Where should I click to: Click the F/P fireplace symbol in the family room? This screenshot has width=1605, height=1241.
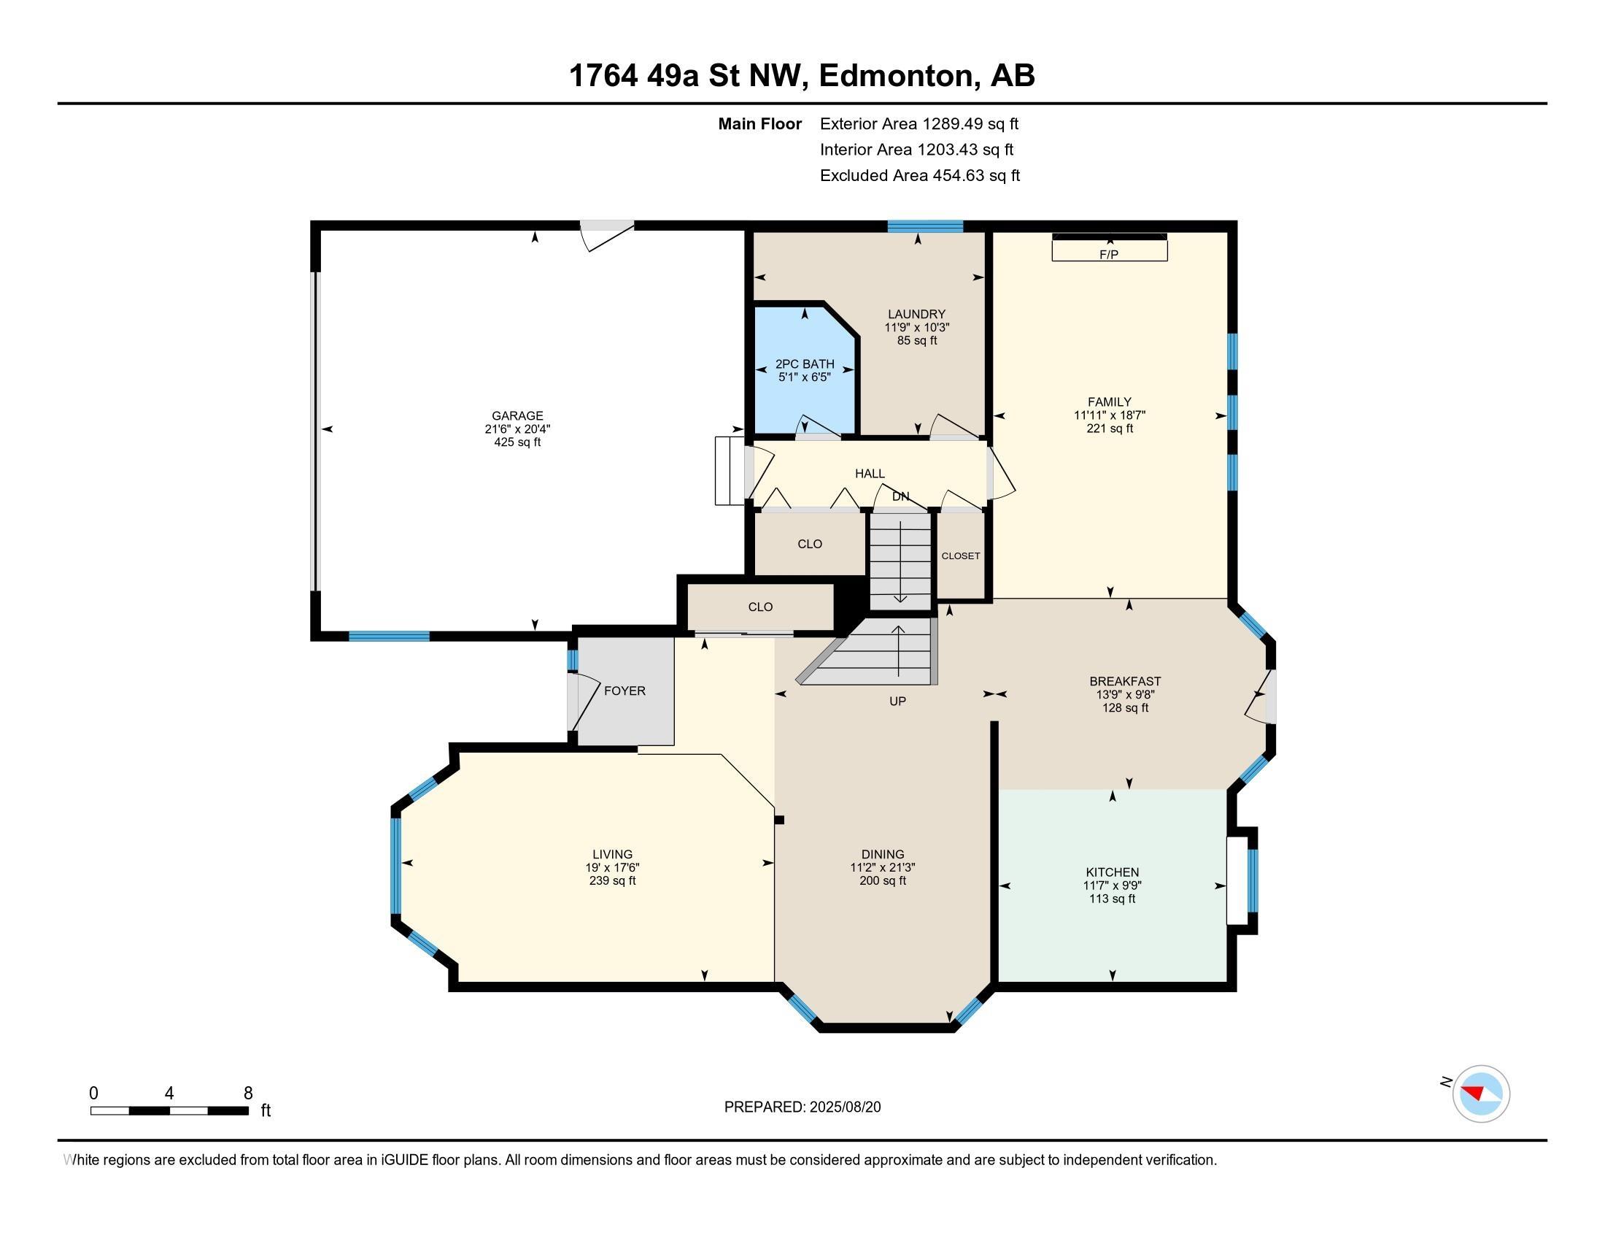pos(1109,247)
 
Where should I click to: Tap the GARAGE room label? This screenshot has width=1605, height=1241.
pos(517,415)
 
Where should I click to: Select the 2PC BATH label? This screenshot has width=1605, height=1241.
pos(805,364)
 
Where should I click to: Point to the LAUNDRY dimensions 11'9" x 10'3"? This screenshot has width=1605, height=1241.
pos(917,327)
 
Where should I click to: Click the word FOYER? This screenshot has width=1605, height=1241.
pos(624,691)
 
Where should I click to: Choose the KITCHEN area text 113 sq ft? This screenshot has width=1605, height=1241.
pos(1112,899)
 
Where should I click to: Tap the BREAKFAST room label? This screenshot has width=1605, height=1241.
pos(1125,682)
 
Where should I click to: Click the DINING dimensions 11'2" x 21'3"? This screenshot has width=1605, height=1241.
pos(883,867)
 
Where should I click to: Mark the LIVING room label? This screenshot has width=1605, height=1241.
pos(612,854)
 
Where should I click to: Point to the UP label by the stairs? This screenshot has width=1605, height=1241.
pos(897,702)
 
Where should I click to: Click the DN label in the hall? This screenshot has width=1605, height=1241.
pos(901,496)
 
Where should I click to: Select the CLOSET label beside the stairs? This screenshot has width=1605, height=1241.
pos(961,556)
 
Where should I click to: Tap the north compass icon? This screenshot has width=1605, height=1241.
pos(1480,1094)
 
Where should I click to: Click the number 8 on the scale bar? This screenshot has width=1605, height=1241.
pos(247,1094)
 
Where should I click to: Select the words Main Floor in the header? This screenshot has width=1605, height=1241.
pos(760,124)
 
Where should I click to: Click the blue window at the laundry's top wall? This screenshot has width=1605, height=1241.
pos(925,226)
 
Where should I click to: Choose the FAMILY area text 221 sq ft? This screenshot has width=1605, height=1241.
pos(1110,428)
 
